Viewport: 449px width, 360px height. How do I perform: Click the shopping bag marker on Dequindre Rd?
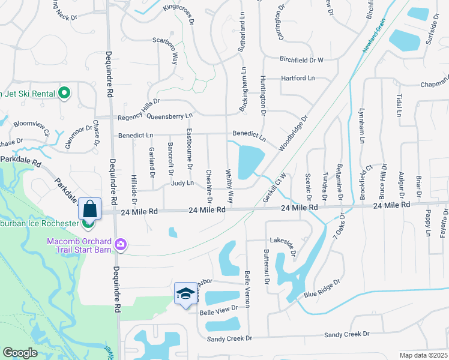(x=89, y=209)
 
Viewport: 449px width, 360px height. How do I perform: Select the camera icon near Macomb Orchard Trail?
(x=121, y=244)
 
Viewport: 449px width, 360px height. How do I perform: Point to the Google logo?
(x=20, y=353)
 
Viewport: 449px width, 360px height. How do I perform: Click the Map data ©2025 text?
(x=423, y=355)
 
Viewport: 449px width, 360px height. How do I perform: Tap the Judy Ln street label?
(x=182, y=182)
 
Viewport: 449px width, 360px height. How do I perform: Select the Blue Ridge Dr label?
(x=322, y=288)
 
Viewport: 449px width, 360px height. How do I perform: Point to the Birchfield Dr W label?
(x=301, y=59)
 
